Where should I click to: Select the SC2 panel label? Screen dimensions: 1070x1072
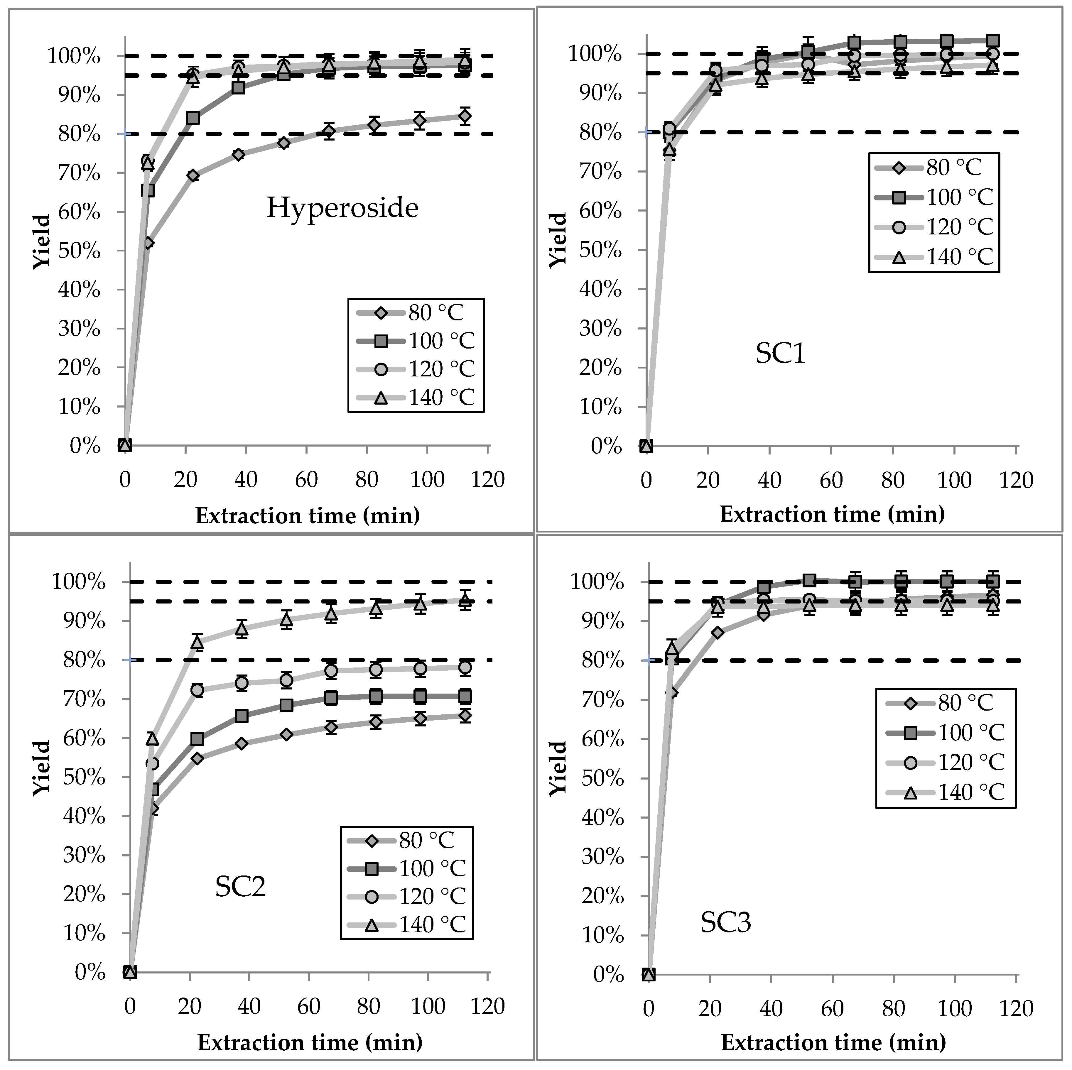click(x=240, y=886)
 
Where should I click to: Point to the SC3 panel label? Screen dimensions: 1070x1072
click(x=726, y=922)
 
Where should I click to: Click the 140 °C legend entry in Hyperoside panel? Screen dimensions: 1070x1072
click(x=416, y=398)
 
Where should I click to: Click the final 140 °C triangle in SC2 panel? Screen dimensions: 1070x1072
click(x=465, y=600)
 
